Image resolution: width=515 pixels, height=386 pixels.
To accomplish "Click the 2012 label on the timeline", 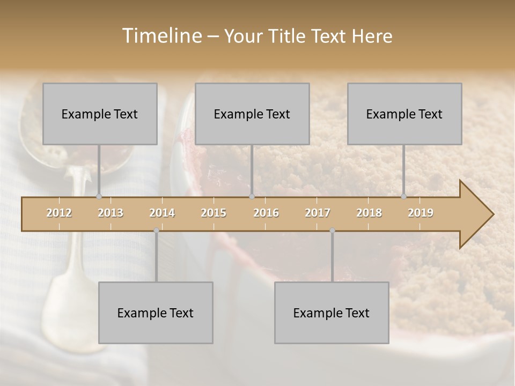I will coord(59,213).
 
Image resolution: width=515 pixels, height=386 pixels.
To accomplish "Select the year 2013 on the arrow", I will coord(111,213).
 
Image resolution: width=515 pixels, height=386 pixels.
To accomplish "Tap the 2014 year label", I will coord(162,213).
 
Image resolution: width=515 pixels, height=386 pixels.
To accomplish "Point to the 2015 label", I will coord(214,213).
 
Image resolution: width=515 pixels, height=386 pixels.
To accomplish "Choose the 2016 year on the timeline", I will coord(266,213).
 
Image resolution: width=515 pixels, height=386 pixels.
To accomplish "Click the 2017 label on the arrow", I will coord(318,213).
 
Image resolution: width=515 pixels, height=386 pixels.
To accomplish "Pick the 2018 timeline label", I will coord(369,213).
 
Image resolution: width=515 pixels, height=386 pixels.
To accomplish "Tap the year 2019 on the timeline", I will coord(421,213).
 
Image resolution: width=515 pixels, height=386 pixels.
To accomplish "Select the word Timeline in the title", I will coord(160,36).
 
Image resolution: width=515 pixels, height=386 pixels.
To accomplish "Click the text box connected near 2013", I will coord(100,114).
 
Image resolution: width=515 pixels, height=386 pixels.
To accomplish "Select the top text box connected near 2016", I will coord(252,114).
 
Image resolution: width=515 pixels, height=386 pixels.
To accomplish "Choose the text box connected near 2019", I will coord(404,114).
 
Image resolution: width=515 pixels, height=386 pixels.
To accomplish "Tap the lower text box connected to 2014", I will coord(156,313).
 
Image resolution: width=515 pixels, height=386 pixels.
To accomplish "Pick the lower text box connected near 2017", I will coord(332,313).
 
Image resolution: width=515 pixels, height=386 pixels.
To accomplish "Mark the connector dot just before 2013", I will coord(99,197).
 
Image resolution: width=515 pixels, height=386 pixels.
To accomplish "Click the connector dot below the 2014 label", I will coord(156,231).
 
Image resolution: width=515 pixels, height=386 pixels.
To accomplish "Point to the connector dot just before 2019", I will coord(403,197).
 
